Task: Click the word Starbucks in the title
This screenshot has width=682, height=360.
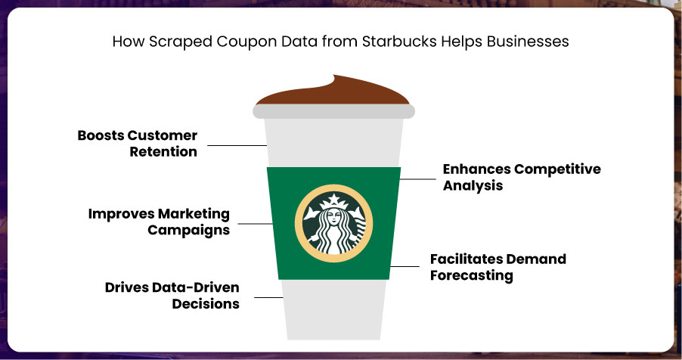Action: pos(399,42)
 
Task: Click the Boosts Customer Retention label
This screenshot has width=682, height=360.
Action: pos(138,143)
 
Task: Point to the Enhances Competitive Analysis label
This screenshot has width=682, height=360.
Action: pos(522,177)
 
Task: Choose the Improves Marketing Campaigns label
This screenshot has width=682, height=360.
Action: pos(159,222)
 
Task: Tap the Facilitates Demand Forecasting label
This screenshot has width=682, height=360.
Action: pos(498,267)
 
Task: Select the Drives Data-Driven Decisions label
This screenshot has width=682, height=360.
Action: pos(172,295)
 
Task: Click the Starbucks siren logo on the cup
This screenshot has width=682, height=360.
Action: pos(333,223)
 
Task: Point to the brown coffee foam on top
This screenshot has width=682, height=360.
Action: pos(333,92)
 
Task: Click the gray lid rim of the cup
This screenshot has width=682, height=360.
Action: pos(333,111)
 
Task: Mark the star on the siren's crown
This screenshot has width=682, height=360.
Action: pos(333,198)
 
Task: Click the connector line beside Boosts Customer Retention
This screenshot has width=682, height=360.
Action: pos(237,145)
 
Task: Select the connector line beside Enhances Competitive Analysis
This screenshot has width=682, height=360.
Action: pos(417,179)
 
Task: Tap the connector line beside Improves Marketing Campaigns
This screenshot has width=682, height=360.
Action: pos(256,224)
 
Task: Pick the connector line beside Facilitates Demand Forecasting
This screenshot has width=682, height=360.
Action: pos(405,266)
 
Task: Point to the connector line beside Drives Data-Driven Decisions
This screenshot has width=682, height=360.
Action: pos(268,297)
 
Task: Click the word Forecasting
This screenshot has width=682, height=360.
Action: pos(472,276)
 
